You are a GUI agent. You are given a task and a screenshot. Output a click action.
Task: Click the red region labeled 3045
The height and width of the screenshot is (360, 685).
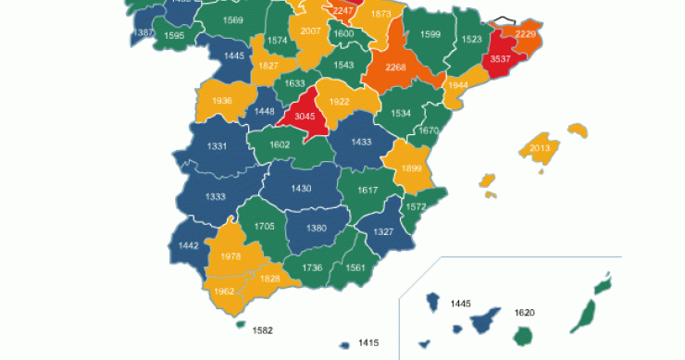coord(305,116)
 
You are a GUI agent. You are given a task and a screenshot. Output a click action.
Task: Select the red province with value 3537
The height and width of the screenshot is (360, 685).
coord(501,58)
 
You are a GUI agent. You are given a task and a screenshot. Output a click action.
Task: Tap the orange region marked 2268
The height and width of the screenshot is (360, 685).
coord(396,66)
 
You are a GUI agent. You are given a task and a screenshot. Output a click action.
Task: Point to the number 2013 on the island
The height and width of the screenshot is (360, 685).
coord(540,148)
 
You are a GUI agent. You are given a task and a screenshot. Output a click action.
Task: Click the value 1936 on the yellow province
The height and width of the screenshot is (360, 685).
coord(221,100)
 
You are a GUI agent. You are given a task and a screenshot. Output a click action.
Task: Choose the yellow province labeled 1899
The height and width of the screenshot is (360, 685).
coord(412,168)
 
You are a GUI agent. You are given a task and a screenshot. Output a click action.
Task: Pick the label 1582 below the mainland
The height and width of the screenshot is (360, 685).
coord(263,329)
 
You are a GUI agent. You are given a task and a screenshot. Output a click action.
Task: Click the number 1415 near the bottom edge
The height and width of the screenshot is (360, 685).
coord(368,343)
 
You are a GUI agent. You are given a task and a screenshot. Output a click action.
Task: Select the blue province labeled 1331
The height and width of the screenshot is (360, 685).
coord(217,146)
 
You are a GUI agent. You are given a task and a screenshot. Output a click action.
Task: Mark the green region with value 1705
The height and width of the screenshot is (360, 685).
coord(264,226)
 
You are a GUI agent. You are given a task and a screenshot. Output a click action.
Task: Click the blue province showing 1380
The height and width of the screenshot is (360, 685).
coord(317,228)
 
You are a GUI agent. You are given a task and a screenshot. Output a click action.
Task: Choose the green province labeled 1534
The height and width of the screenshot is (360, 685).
coord(401,113)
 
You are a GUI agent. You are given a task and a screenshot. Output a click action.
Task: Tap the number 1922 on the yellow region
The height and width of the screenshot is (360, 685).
coord(339,102)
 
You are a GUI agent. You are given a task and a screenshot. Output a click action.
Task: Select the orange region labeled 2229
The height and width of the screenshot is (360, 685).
coord(526,34)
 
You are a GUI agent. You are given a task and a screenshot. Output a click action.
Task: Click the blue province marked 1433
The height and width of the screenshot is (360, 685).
coord(361,142)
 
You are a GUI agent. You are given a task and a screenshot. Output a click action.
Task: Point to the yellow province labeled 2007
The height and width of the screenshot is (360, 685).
coord(311,31)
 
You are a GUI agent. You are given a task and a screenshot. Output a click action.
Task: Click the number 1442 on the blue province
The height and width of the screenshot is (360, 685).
coord(189,245)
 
